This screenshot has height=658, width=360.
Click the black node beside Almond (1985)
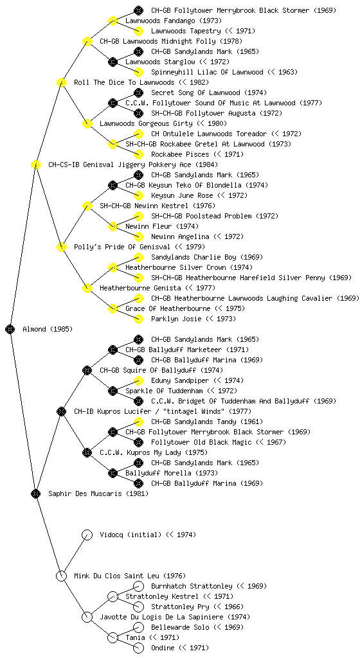pyautogui.click(x=10, y=329)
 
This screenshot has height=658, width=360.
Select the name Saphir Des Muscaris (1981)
pyautogui.click(x=98, y=493)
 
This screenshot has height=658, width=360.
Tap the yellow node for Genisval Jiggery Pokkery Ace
pyautogui.click(x=35, y=164)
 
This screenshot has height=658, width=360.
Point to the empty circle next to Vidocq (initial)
pyautogui.click(x=87, y=535)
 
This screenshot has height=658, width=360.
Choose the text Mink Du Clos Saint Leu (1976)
pyautogui.click(x=130, y=576)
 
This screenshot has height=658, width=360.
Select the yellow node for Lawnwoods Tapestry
pyautogui.click(x=138, y=31)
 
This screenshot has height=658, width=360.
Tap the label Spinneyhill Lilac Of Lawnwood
pyautogui.click(x=207, y=72)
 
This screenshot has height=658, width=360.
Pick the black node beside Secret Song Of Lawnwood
pyautogui.click(x=138, y=93)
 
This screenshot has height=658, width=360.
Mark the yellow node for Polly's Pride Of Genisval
pyautogui.click(x=61, y=247)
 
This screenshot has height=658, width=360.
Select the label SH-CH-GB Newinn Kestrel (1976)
pyautogui.click(x=157, y=206)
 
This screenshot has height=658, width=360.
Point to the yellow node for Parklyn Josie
pyautogui.click(x=138, y=319)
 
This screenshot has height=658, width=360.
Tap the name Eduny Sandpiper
pyautogui.click(x=180, y=380)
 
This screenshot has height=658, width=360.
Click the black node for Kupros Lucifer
pyautogui.click(x=61, y=411)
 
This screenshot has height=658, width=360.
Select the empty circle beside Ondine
pyautogui.click(x=138, y=648)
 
